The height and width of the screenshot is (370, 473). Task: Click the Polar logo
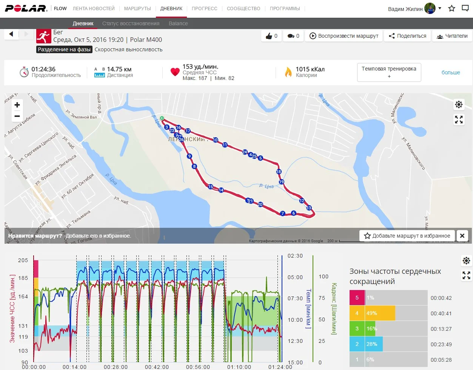(x=26, y=8)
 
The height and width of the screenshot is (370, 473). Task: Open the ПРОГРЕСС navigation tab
(x=204, y=8)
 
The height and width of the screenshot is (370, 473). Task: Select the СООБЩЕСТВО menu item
(x=243, y=8)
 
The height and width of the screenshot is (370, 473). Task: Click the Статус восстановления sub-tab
(x=131, y=23)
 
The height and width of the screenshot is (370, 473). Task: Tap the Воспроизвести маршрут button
(x=344, y=36)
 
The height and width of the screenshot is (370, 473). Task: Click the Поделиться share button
(x=408, y=36)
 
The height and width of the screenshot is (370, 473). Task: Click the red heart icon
(x=175, y=72)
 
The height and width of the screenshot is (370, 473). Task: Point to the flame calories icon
(x=288, y=72)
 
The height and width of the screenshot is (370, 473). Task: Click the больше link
(x=451, y=72)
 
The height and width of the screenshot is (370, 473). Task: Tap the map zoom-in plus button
(x=17, y=105)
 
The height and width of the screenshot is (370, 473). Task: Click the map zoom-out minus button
(x=17, y=116)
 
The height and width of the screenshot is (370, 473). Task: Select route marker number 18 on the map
(x=279, y=172)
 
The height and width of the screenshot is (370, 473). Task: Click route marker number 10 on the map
(x=215, y=140)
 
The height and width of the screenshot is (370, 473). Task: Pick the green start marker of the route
(x=162, y=118)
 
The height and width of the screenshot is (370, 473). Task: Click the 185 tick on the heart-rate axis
(x=23, y=278)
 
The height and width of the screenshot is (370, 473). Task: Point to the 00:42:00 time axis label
(x=157, y=367)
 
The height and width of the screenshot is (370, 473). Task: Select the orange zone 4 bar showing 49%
(x=380, y=313)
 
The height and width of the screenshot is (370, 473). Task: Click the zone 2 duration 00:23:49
(x=441, y=344)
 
